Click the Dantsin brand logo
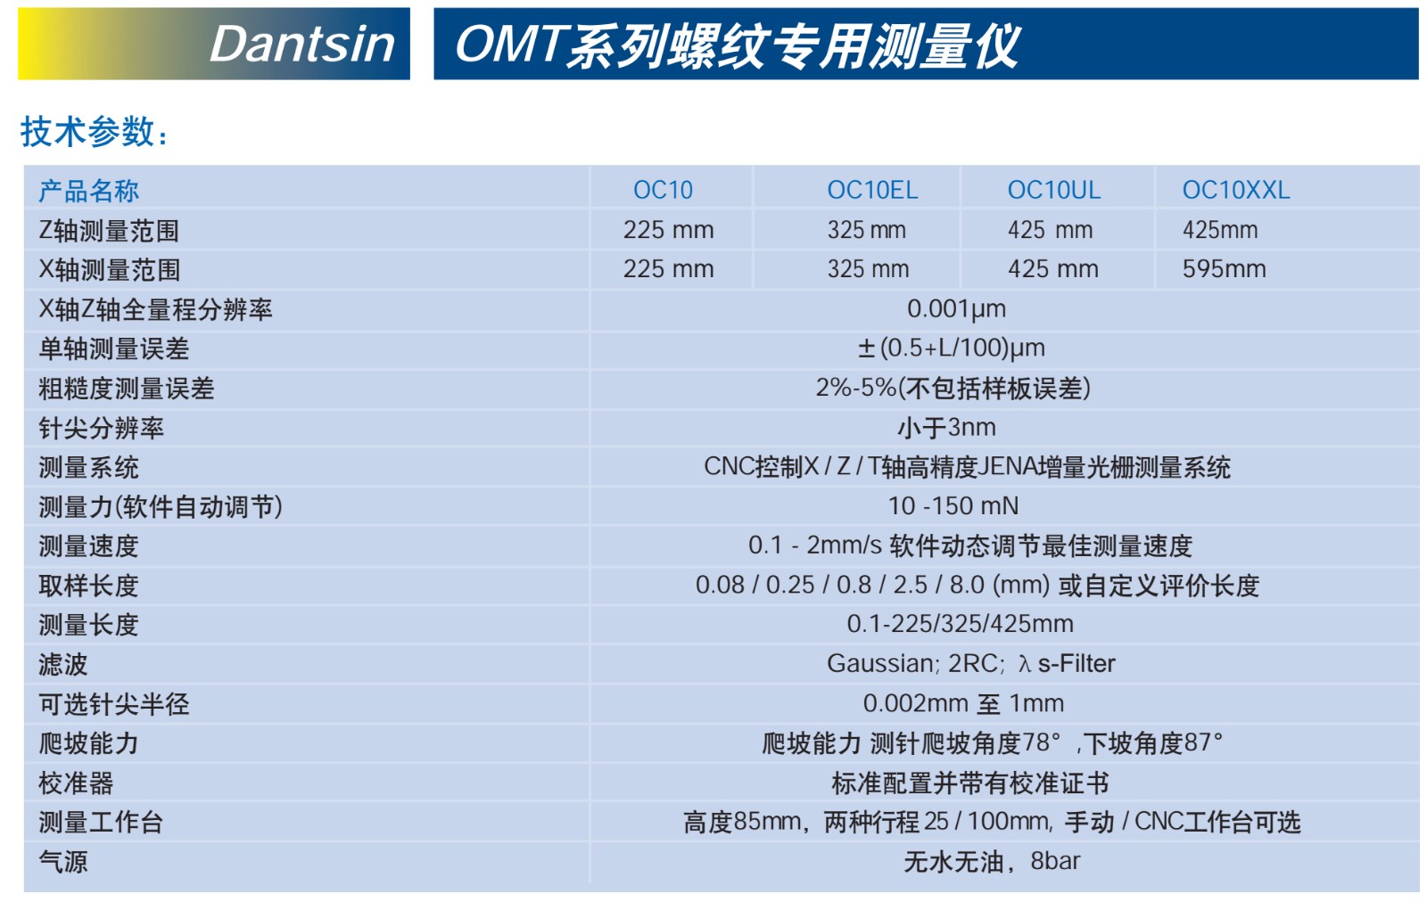[302, 44]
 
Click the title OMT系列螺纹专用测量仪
[738, 45]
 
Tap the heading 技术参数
[95, 132]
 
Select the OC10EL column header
[872, 190]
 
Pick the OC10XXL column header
[1236, 190]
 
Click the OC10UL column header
[1053, 190]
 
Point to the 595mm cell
[1224, 268]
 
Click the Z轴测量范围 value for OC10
[668, 230]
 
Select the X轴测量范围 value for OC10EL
[868, 268]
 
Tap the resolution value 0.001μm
[956, 308]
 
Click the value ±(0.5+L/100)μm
[951, 348]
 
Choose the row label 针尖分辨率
[102, 428]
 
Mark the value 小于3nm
[946, 427]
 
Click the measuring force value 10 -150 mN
[953, 506]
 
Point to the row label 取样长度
[88, 586]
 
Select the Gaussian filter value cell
[971, 664]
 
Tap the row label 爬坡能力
[88, 742]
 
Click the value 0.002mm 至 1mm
[963, 703]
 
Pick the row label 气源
[63, 861]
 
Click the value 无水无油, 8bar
[992, 861]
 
